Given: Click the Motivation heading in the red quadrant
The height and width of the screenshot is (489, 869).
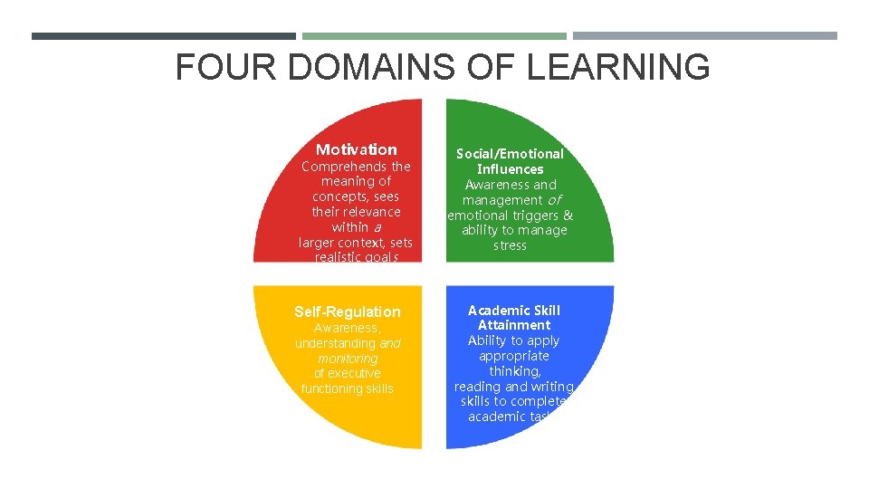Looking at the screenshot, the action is tap(356, 149).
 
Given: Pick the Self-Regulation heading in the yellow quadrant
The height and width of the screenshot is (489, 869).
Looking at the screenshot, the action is tap(347, 312).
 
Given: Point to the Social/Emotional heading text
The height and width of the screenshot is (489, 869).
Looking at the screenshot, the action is tap(510, 154).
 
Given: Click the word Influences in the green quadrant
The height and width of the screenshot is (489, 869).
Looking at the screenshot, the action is tap(511, 169).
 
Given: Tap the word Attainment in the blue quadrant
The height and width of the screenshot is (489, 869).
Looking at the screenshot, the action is tap(514, 325).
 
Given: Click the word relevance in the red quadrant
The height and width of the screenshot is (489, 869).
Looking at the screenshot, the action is tap(371, 212).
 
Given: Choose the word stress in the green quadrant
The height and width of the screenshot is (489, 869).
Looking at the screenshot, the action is tap(511, 245).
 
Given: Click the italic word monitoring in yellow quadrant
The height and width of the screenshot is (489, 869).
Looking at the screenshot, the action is tap(348, 359).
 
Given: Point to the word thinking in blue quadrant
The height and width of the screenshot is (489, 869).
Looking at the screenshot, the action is tap(514, 371).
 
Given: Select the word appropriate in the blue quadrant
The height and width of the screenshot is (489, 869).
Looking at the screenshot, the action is tap(514, 356).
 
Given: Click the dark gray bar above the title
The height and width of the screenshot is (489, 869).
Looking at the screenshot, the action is tap(163, 36).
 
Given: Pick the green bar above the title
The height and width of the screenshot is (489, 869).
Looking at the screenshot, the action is tap(434, 36).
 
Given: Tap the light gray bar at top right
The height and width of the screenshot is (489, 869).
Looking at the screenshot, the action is tap(705, 36).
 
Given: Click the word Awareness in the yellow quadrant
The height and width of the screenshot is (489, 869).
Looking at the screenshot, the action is tap(346, 329).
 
